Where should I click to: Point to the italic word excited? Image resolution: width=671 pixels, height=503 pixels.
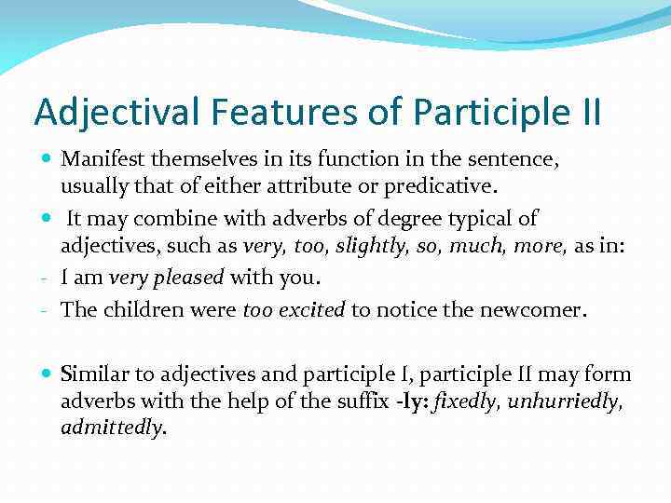tap(312, 310)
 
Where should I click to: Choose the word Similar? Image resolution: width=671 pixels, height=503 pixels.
tap(93, 374)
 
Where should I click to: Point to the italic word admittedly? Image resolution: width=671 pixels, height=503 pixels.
tap(112, 428)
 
